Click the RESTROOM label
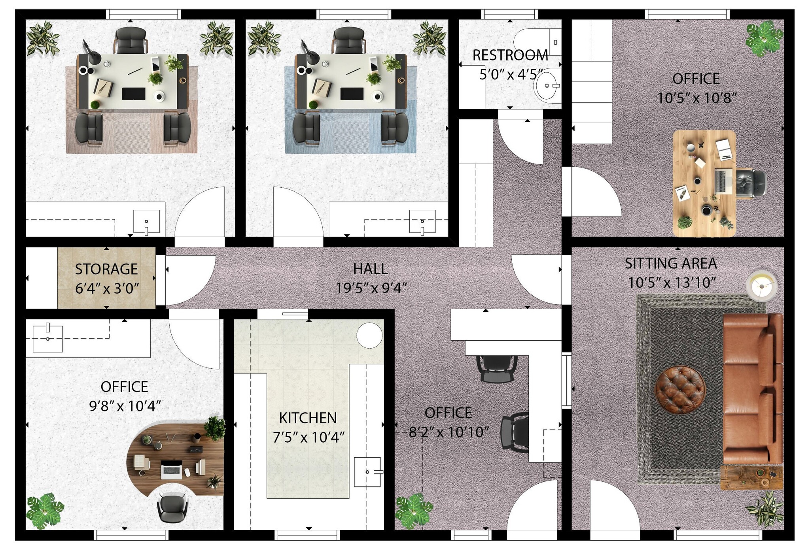click(x=510, y=55)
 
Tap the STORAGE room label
click(x=106, y=269)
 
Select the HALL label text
click(x=370, y=269)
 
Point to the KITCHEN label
click(x=308, y=418)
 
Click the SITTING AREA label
click(x=671, y=263)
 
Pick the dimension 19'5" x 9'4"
click(x=371, y=288)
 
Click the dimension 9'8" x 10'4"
click(x=125, y=406)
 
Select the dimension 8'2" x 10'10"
click(x=449, y=432)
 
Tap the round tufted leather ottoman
click(x=680, y=390)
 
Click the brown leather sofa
click(x=753, y=388)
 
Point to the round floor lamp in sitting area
click(x=761, y=285)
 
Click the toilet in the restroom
click(x=538, y=42)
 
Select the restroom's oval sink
click(x=547, y=85)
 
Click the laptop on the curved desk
click(x=172, y=470)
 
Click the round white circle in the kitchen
click(x=369, y=335)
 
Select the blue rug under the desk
click(x=350, y=110)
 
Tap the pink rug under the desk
click(x=131, y=110)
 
